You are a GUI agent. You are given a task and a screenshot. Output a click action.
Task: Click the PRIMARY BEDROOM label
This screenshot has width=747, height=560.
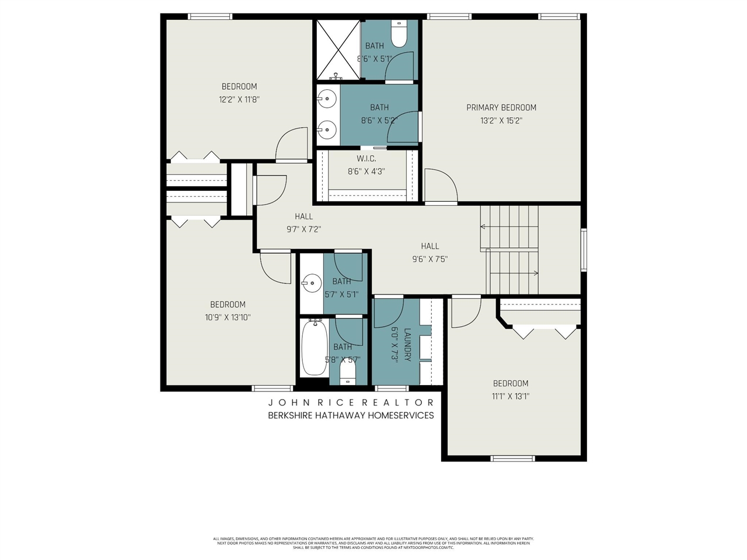click(x=501, y=107)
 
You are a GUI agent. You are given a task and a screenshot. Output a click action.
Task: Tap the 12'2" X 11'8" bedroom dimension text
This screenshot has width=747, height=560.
click(x=239, y=100)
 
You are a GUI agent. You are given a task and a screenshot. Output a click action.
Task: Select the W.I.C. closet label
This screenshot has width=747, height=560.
click(x=366, y=159)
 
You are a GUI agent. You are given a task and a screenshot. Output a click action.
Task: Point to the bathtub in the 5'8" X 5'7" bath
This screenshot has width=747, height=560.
click(x=314, y=349)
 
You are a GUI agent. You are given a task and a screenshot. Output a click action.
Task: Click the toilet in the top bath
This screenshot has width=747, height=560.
click(x=399, y=36)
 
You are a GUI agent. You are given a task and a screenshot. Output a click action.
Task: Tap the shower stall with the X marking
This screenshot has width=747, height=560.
click(x=338, y=49)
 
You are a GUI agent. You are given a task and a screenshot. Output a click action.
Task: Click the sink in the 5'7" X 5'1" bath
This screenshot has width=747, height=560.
click(x=311, y=284)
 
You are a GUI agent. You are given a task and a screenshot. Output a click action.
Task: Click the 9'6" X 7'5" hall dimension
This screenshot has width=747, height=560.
click(x=430, y=260)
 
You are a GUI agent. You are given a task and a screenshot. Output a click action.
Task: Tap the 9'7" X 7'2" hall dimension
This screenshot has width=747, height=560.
click(x=303, y=229)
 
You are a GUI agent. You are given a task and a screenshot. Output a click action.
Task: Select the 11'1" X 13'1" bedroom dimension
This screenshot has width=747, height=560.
click(x=511, y=396)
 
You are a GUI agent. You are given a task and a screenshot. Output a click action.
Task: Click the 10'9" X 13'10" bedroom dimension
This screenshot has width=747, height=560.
click(x=228, y=317)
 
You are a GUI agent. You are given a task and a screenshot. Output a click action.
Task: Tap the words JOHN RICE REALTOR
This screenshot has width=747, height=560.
click(x=351, y=402)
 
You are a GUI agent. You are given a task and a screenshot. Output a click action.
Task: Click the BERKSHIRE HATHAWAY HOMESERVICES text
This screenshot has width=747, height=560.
click(x=351, y=415)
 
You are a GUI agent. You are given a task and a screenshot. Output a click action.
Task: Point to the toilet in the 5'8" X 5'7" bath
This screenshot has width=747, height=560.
click(x=348, y=370)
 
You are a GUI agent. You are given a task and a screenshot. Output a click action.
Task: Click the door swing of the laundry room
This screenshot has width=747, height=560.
click(x=388, y=313)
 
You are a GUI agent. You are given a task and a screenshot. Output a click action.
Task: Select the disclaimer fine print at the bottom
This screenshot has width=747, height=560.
click(x=373, y=543)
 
